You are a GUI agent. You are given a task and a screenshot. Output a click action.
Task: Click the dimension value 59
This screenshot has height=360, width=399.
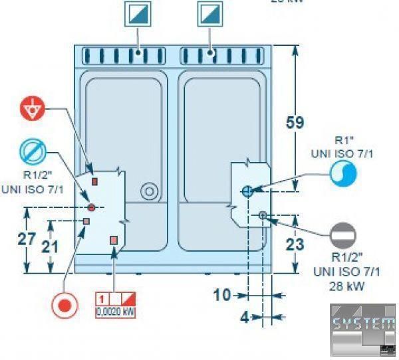coord(294,123)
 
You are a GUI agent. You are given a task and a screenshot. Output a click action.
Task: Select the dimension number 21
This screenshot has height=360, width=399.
coord(50,246)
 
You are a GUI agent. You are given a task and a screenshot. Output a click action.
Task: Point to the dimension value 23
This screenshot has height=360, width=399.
coord(295,244)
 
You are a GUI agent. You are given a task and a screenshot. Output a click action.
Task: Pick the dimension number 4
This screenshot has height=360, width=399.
coord(244,317)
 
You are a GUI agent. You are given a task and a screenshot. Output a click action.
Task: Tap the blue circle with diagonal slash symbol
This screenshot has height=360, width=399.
coord(31,152)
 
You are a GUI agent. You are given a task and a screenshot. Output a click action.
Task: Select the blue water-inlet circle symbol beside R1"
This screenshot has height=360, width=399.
coord(344,173)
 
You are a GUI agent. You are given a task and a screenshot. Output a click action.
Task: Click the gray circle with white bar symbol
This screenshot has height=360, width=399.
coord(344,234)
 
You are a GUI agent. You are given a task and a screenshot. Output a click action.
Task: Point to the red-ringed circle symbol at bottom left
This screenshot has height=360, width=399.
coord(64,306)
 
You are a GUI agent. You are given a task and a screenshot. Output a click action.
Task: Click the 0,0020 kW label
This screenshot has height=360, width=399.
coord(116,310)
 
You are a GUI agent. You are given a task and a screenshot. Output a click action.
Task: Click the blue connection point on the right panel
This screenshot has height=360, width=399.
coord(247,191)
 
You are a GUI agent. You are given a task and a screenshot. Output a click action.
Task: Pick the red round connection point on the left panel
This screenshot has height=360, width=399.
coord(92,208)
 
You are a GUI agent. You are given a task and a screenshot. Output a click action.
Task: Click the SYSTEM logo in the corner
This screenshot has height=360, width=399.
coord(362,325)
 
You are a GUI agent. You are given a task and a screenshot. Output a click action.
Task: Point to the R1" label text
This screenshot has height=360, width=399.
coord(343,141)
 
